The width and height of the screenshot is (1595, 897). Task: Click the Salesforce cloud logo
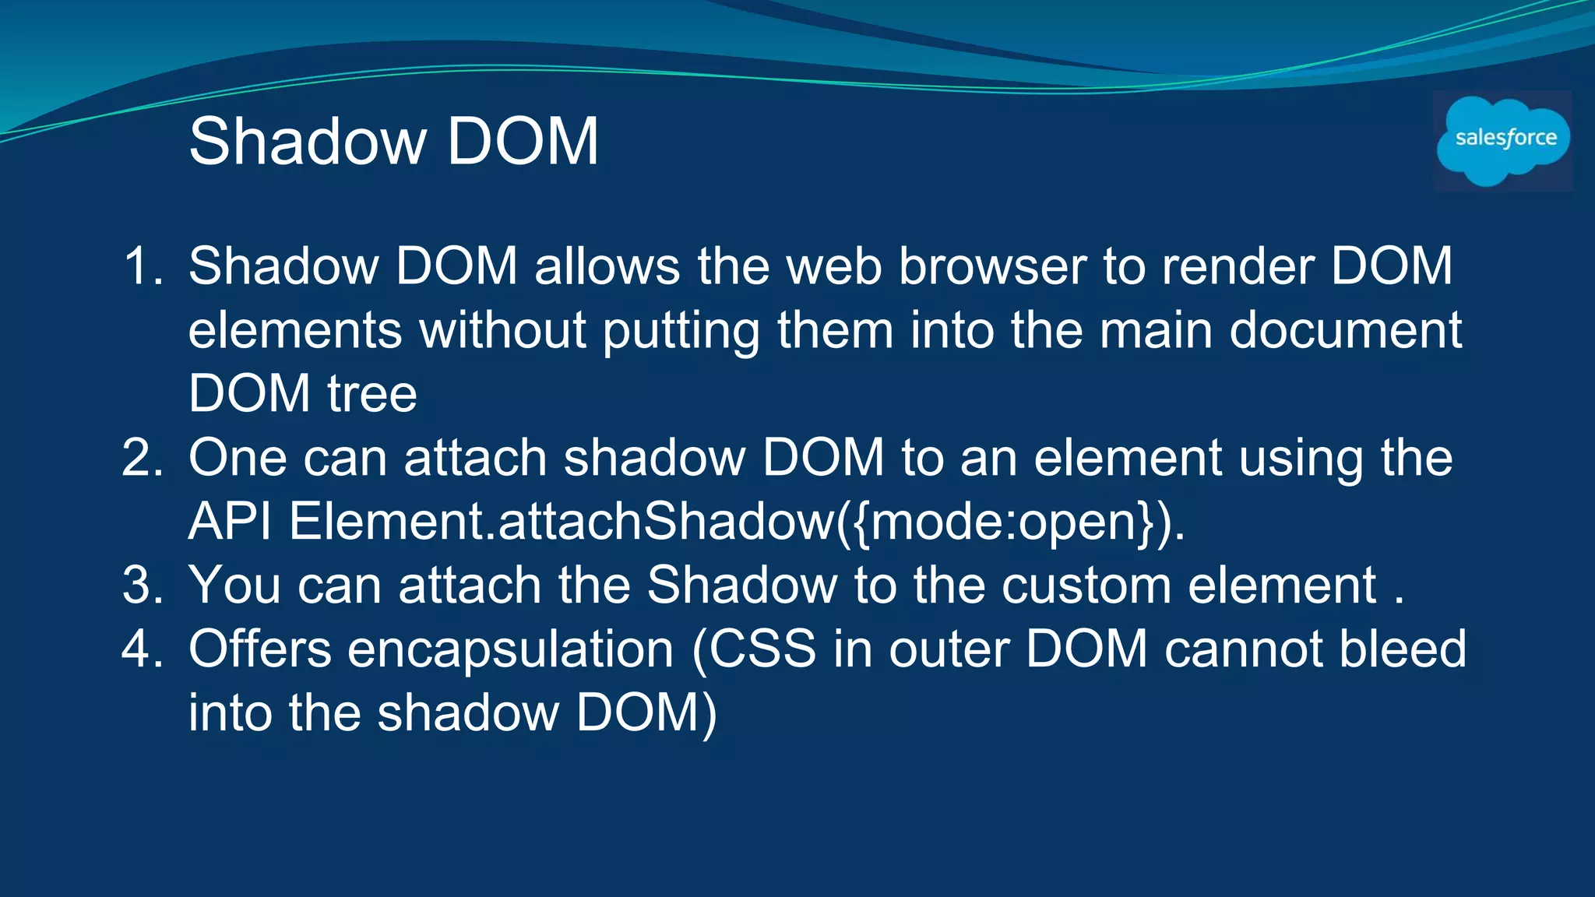[x=1503, y=141]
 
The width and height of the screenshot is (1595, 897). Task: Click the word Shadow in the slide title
[x=308, y=142]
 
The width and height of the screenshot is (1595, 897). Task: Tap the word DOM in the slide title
[x=523, y=142]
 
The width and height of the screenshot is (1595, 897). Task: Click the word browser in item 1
[x=992, y=266]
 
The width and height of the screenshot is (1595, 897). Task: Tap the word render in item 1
[x=1238, y=266]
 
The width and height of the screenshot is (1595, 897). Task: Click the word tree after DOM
[x=371, y=394]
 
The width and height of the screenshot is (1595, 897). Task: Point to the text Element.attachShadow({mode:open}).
[x=737, y=522]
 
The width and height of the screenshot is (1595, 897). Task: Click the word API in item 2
[x=230, y=522]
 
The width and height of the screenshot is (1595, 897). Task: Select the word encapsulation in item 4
[x=510, y=649]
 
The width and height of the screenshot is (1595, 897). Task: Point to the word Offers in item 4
[x=260, y=649]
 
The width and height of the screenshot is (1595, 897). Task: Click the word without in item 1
[x=502, y=330]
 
